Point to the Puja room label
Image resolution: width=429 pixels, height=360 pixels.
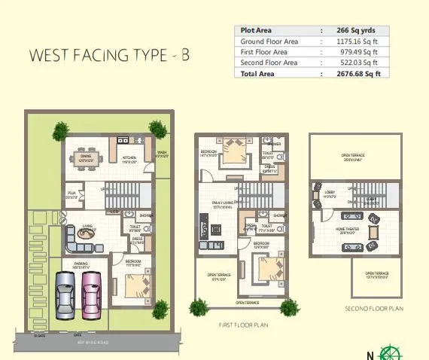tap(73, 194)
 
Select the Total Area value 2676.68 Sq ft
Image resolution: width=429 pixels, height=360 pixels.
tap(358, 74)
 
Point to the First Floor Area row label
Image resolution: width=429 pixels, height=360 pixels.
tap(263, 52)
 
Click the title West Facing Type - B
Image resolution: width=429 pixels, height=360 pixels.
tap(109, 56)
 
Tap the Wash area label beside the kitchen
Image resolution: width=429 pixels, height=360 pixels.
tap(162, 154)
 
